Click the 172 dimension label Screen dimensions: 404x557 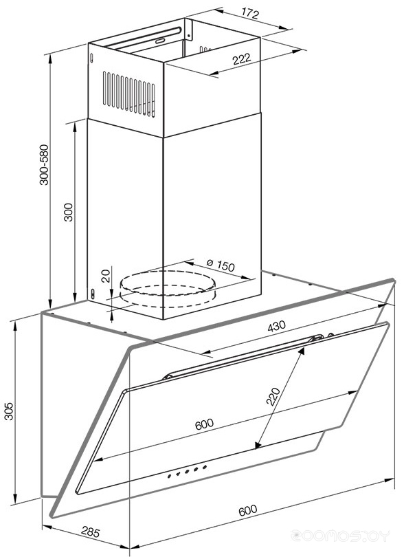251,14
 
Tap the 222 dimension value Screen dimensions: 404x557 242,58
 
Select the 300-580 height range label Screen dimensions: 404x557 44,164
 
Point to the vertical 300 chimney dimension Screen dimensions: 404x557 68,212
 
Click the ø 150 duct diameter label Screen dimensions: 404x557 221,264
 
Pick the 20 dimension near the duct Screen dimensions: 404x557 106,276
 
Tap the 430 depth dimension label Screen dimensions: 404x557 276,326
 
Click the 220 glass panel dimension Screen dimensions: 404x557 273,396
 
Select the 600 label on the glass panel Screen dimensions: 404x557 204,424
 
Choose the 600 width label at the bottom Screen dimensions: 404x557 247,510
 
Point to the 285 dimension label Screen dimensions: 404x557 91,532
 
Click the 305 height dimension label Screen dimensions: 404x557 8,411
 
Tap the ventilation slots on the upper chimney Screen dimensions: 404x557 129,94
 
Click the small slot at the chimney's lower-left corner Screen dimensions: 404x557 93,294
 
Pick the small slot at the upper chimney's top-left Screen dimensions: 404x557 92,58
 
